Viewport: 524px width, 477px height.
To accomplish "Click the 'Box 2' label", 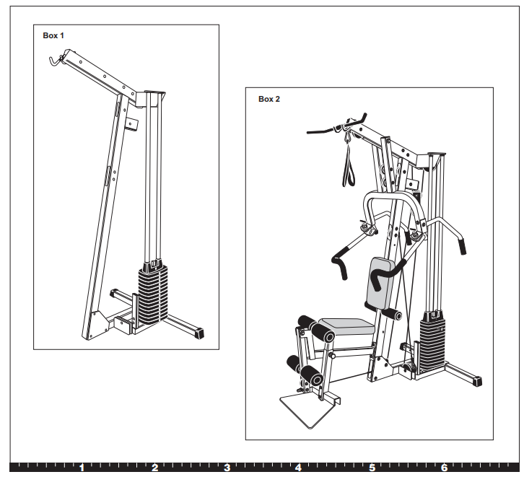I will (268, 99).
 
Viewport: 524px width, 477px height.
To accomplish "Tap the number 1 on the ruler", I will (82, 468).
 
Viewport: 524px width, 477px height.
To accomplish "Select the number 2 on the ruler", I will (154, 468).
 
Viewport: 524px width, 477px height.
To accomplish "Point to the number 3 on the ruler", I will (227, 468).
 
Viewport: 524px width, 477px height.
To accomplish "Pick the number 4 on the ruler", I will (298, 468).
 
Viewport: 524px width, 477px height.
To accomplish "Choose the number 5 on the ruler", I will (372, 468).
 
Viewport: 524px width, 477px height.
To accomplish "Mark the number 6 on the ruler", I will (445, 468).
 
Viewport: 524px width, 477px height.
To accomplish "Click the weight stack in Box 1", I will (152, 296).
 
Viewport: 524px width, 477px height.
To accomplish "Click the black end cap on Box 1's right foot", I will (198, 333).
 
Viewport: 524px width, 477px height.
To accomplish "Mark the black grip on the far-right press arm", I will (461, 245).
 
